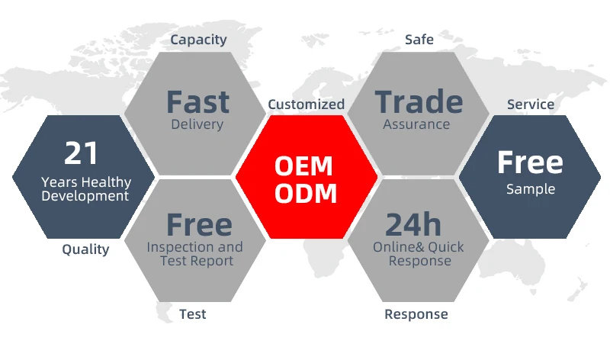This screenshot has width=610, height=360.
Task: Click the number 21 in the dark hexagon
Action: [82, 153]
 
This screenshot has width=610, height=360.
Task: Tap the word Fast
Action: [197, 102]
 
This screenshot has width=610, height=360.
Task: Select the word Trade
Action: [419, 102]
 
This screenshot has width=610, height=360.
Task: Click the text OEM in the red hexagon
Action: [306, 166]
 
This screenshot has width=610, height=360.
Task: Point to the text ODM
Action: [306, 193]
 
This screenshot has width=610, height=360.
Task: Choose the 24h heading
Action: [413, 224]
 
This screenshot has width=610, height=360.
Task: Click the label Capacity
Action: [198, 39]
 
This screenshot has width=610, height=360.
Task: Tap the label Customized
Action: [306, 104]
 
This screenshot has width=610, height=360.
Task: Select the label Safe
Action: [419, 39]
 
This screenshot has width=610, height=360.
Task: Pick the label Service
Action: [531, 104]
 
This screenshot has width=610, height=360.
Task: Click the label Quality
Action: [85, 249]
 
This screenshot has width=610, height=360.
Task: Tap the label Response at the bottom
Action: [416, 313]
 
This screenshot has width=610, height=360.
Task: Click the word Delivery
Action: [197, 124]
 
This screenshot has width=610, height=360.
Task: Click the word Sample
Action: [531, 188]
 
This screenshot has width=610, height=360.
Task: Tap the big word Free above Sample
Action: [530, 162]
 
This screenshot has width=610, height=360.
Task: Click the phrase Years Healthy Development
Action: [85, 189]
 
